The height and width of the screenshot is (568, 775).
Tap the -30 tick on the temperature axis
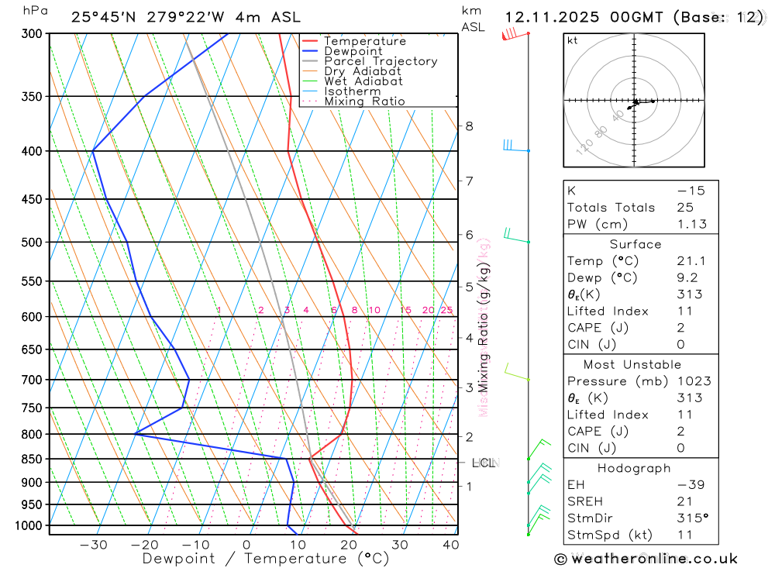click(93, 545)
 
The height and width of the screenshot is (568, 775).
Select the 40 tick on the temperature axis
click(449, 545)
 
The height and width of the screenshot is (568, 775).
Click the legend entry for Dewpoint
click(353, 51)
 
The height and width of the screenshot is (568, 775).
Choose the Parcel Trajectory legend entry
click(381, 61)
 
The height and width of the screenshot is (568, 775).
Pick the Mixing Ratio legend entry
click(364, 102)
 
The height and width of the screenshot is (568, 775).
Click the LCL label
click(483, 463)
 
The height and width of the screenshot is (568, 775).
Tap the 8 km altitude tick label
click(469, 126)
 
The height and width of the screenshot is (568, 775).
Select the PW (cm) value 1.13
click(691, 225)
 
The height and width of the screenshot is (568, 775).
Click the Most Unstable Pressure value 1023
click(691, 381)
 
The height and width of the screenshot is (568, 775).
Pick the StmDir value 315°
click(691, 518)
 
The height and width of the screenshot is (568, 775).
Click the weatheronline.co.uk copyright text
click(646, 559)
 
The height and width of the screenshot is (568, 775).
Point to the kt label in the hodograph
click(573, 41)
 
